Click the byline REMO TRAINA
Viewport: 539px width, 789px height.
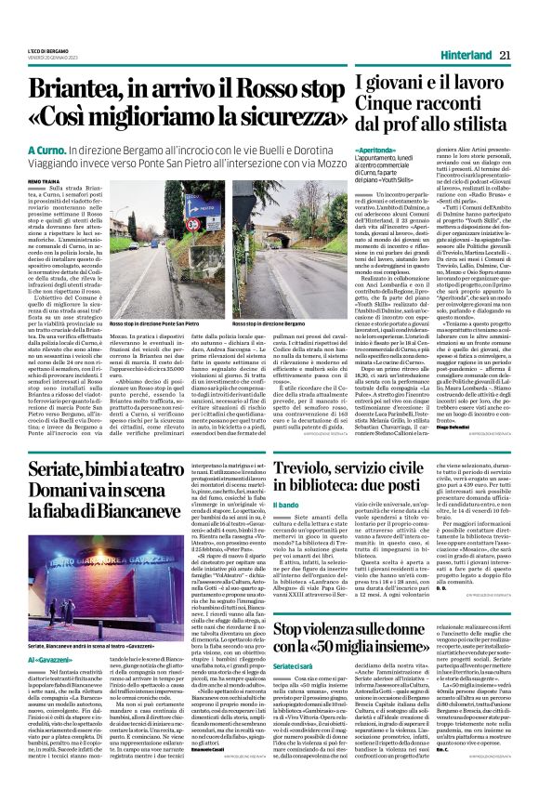36,178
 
